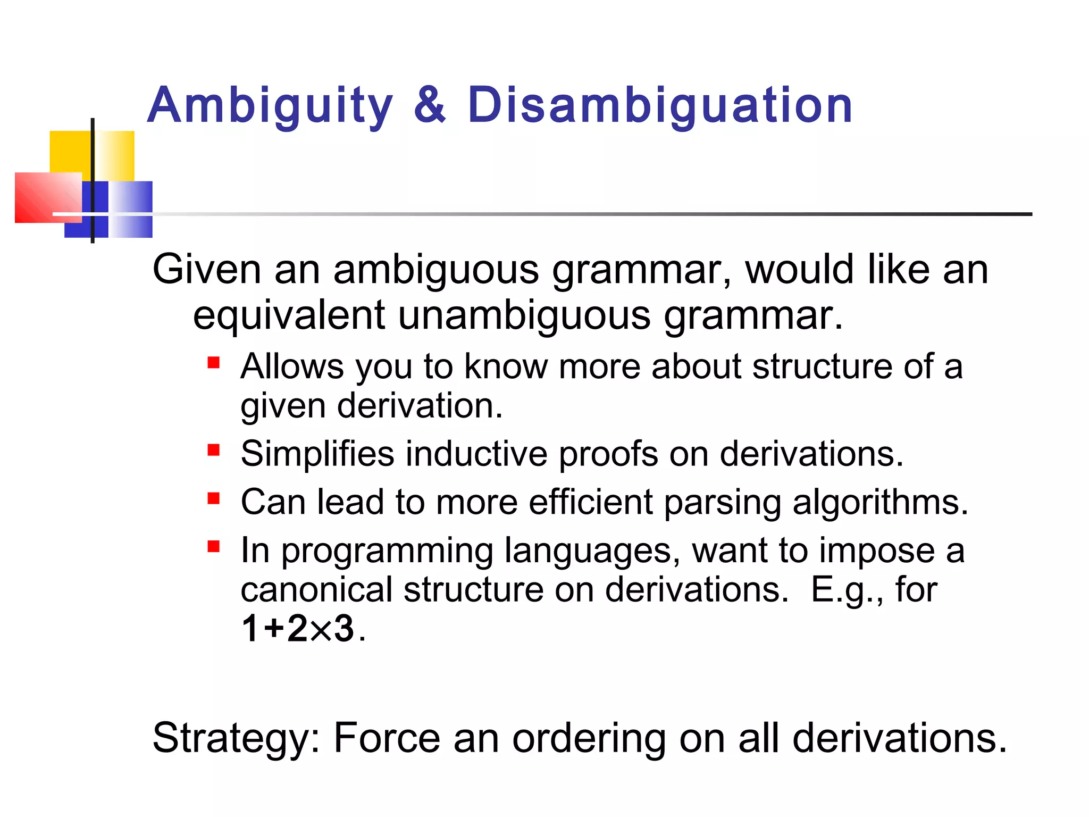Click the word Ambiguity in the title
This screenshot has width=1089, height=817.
(270, 105)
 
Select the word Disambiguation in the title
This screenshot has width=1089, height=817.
(660, 105)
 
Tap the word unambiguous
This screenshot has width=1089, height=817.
(524, 315)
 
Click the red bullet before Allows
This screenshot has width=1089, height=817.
(214, 363)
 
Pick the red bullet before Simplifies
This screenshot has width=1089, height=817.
(214, 451)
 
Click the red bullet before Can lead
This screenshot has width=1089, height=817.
(214, 498)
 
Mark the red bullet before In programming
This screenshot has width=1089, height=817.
(214, 546)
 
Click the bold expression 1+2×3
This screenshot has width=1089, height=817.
(298, 628)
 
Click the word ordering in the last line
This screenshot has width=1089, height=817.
(589, 738)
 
